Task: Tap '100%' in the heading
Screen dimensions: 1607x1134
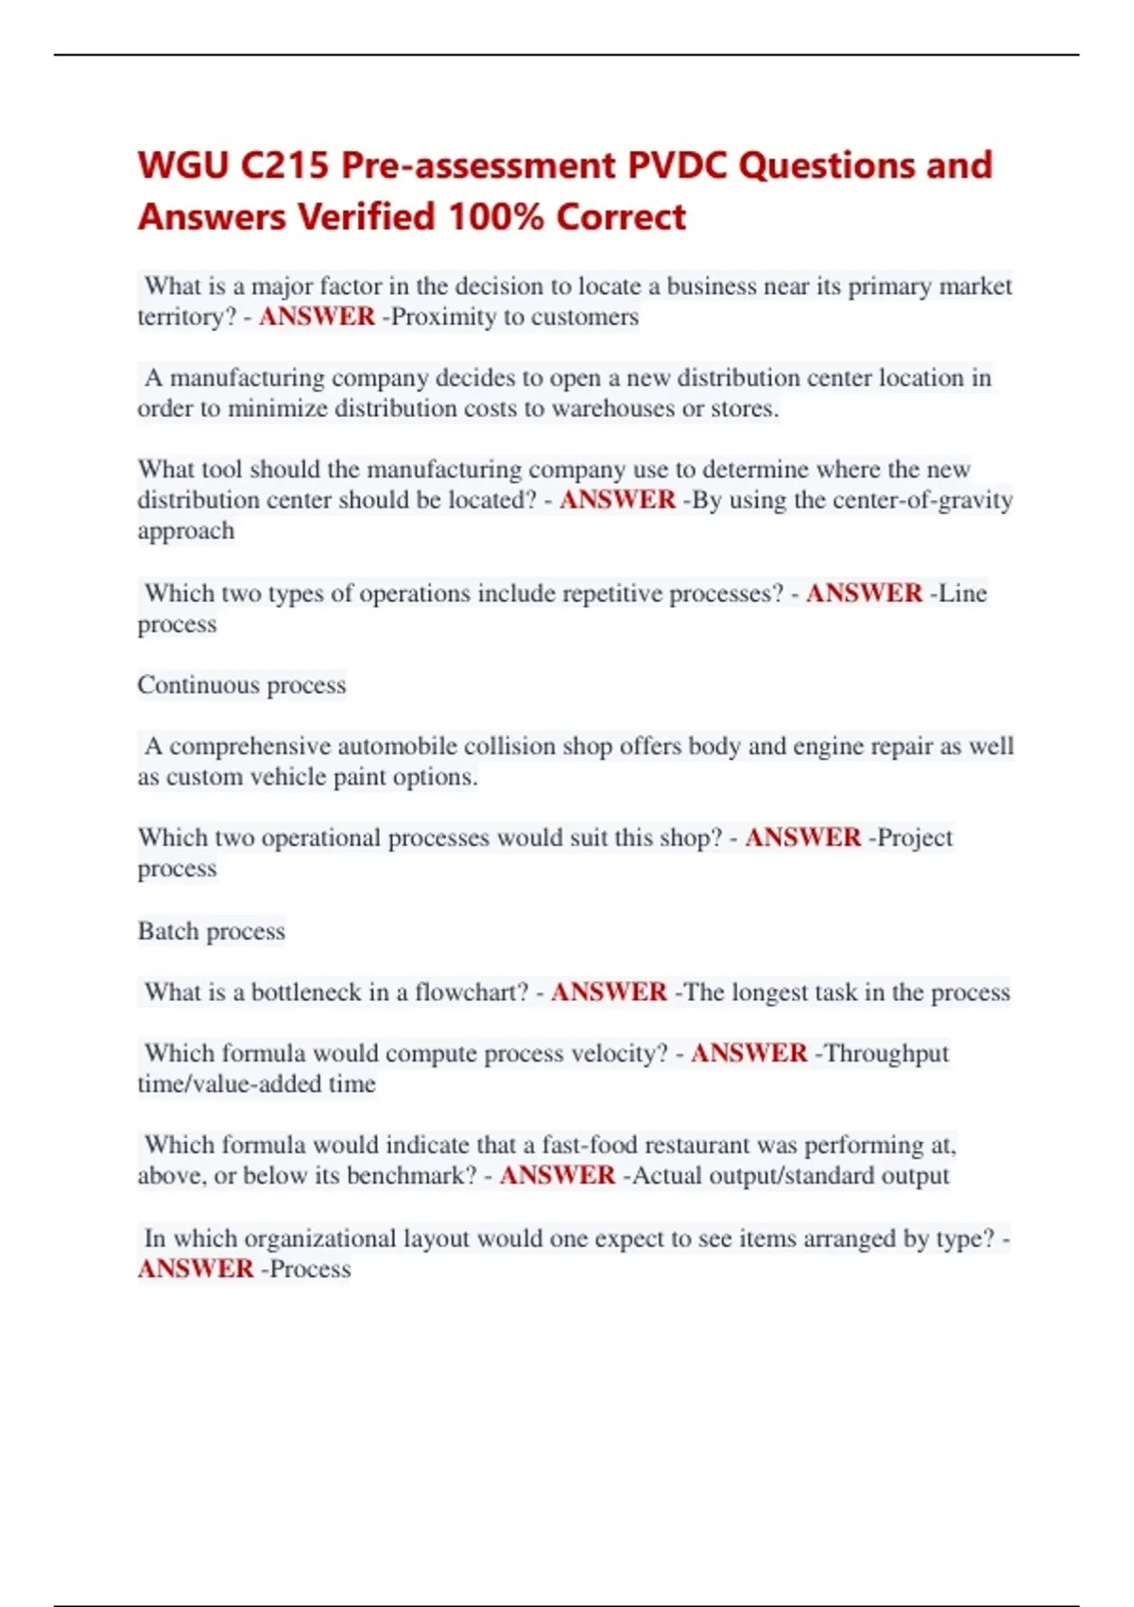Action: pyautogui.click(x=495, y=217)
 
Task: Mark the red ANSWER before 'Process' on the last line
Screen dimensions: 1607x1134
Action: pyautogui.click(x=196, y=1269)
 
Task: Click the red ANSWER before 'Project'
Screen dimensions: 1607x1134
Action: pyautogui.click(x=803, y=838)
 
